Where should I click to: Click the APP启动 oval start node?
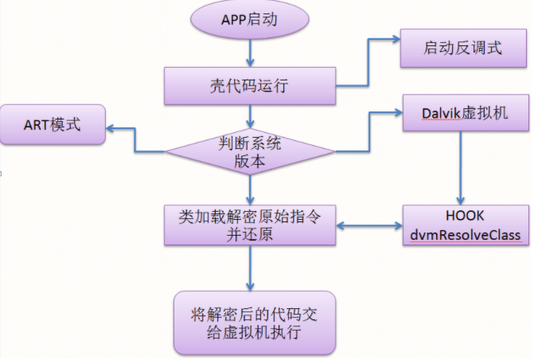[249, 20]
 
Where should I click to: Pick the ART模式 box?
[53, 125]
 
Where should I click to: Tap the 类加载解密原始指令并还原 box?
[250, 225]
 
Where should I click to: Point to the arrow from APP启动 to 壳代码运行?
[250, 52]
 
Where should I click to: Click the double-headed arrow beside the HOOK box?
[368, 226]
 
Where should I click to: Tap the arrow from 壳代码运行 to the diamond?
[250, 116]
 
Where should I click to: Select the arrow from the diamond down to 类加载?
[250, 190]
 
